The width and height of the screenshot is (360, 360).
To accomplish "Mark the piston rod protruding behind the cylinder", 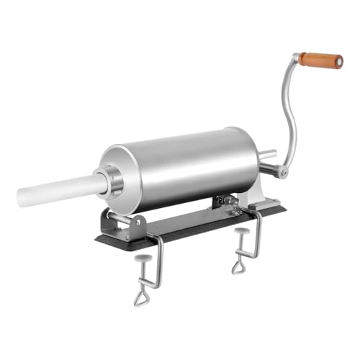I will coord(266,154).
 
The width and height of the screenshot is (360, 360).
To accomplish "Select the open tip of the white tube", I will coord(23,197).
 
